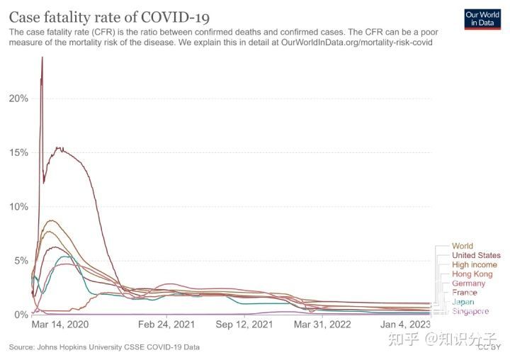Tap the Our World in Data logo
[483, 18]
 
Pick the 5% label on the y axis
[21, 260]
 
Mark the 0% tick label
[21, 314]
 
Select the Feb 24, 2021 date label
[164, 325]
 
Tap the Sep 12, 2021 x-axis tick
[243, 325]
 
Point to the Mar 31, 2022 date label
[322, 325]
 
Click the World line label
[462, 246]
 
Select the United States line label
[475, 255]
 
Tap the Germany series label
[468, 283]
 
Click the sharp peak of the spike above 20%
[42, 58]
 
